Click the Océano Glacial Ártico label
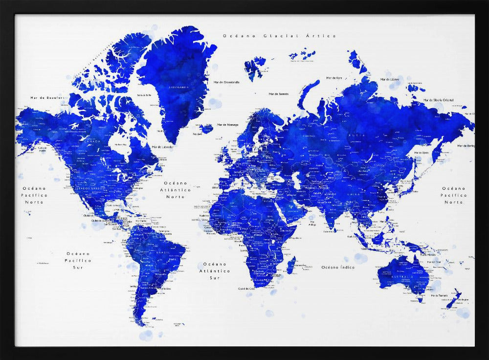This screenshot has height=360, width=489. click(x=279, y=36)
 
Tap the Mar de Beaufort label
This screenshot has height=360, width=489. click(x=47, y=98)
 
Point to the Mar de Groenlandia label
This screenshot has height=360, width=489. click(x=226, y=82)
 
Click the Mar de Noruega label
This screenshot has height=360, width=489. click(x=226, y=125)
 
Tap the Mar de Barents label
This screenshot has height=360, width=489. click(x=278, y=94)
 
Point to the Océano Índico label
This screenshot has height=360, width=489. click(x=337, y=267)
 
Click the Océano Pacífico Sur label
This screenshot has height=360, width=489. click(x=78, y=260)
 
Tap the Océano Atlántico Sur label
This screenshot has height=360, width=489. click(x=217, y=270)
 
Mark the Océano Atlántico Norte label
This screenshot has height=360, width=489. click(x=175, y=189)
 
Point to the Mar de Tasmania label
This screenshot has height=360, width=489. click(x=439, y=295)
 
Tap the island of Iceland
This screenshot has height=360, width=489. click(x=206, y=129)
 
